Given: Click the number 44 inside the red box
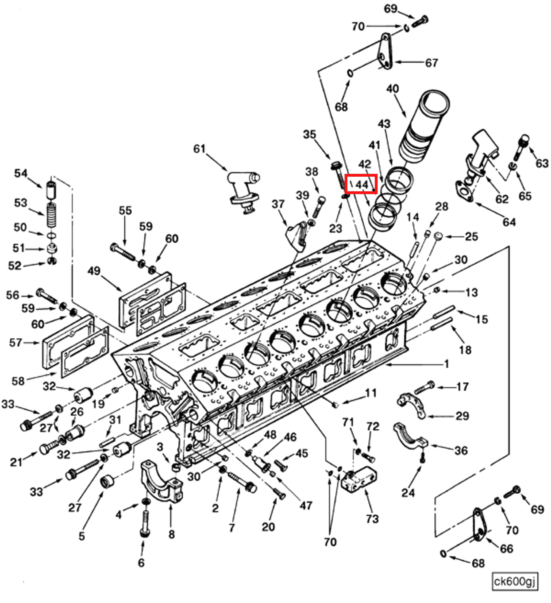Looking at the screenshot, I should tap(361, 185).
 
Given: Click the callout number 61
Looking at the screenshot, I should tap(199, 149).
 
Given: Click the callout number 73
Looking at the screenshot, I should tap(372, 519).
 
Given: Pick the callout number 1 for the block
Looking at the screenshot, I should tap(446, 364).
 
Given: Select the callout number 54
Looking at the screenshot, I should tap(21, 173).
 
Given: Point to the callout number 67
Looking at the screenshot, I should tap(431, 63).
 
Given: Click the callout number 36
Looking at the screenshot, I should tap(461, 450).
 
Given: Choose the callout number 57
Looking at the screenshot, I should tap(15, 343).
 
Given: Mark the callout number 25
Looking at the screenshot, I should tap(471, 236).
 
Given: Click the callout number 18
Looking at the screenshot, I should tap(465, 350).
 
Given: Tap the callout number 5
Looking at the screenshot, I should tap(82, 536).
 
